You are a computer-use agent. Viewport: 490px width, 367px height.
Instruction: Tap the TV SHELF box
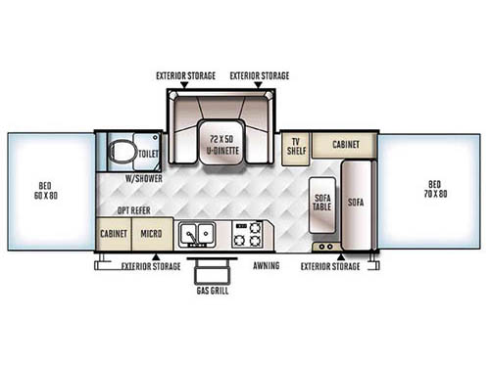tap(294, 148)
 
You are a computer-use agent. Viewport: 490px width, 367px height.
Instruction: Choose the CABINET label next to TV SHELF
tap(345, 144)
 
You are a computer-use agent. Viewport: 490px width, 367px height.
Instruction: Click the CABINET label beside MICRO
tap(114, 235)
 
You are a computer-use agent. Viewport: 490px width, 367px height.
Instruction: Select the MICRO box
tap(150, 235)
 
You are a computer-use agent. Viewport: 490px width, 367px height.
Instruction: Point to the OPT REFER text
tap(135, 211)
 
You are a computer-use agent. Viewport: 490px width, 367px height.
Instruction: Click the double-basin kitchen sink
tap(199, 234)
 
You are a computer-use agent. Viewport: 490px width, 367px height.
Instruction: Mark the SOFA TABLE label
tap(322, 204)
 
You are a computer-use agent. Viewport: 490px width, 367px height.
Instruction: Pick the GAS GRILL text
tap(207, 290)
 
